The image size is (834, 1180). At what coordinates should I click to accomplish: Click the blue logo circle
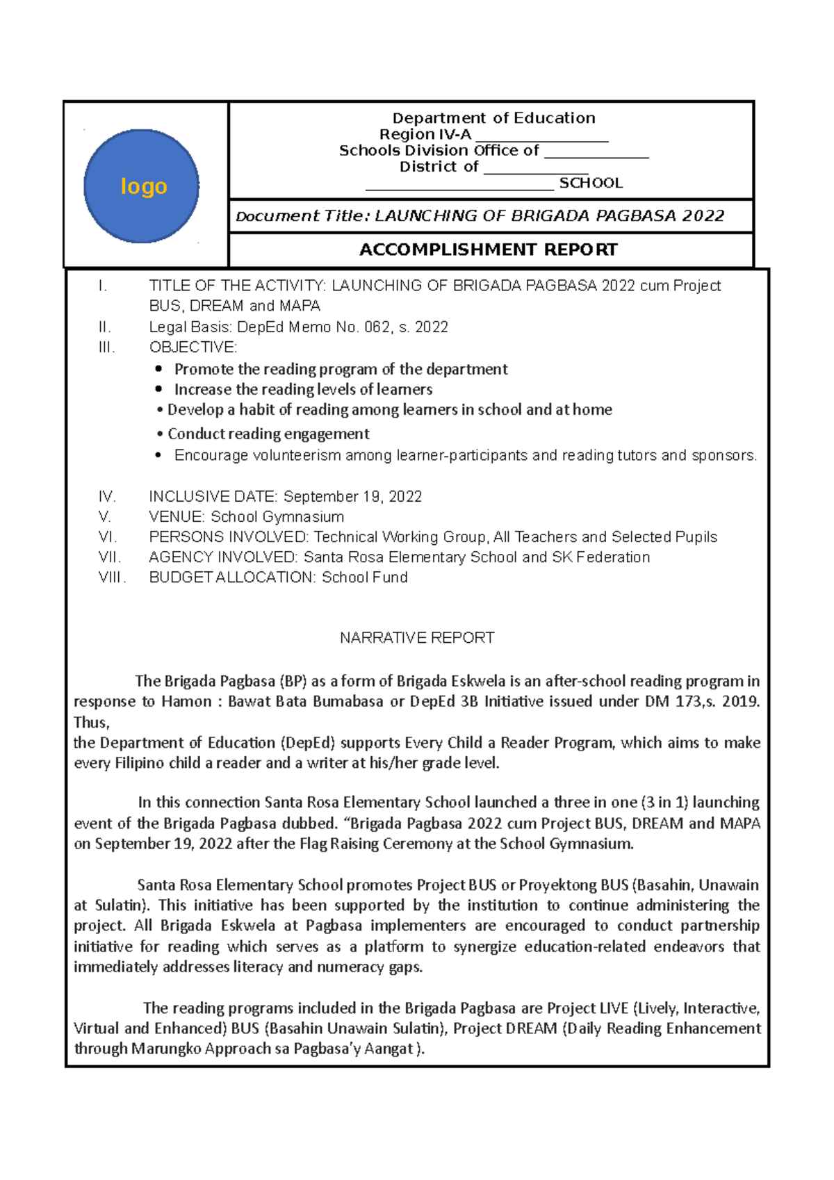click(142, 186)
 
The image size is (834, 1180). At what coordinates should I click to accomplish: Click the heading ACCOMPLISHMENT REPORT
click(488, 249)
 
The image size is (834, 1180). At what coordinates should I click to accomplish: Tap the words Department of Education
click(493, 118)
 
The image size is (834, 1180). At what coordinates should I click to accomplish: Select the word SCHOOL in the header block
click(591, 183)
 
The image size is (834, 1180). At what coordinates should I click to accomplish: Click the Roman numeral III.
click(106, 347)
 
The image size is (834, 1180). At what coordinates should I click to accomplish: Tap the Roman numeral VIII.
click(112, 577)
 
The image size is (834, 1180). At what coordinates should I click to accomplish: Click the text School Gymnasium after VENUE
click(277, 516)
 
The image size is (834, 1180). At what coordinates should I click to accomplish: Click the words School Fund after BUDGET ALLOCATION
click(364, 577)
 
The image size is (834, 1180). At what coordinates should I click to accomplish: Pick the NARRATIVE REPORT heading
click(417, 638)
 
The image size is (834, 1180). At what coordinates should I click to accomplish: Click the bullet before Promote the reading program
click(159, 369)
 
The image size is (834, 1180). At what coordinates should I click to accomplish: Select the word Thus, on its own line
click(92, 722)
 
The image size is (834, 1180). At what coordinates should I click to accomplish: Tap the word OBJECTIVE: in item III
click(193, 347)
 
